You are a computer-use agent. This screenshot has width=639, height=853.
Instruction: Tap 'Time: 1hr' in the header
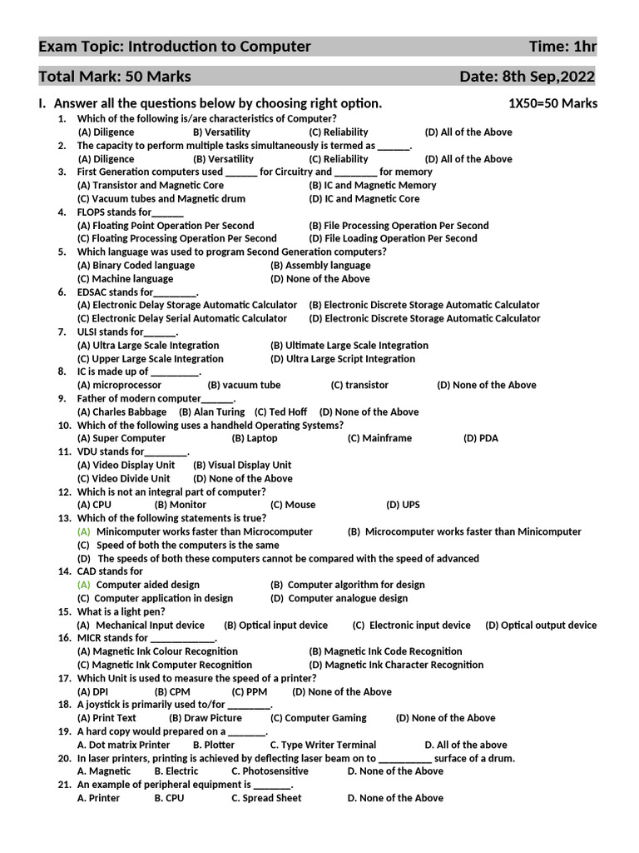coord(562,46)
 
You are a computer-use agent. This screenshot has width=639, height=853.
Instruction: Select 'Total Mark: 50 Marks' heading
coord(115,77)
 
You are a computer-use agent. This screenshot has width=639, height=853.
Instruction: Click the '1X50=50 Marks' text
coord(552,104)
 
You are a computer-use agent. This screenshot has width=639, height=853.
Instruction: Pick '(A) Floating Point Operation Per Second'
coord(166,225)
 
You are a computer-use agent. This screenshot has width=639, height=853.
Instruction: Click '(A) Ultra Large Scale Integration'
coord(148,345)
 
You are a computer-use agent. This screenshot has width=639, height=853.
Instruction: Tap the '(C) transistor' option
coord(359,385)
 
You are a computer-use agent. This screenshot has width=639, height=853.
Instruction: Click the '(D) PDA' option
coord(481,438)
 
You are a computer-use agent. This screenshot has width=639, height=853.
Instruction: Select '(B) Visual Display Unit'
coord(242,465)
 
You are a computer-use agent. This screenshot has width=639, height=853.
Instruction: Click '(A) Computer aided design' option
coord(138,585)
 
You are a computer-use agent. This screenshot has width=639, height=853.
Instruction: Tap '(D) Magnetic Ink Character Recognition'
coord(396,665)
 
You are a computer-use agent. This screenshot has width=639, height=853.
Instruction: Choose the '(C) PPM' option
coord(250,691)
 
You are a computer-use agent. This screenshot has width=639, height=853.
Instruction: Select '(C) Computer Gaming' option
coord(319,718)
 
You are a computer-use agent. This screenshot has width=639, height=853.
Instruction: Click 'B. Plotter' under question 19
coord(214,745)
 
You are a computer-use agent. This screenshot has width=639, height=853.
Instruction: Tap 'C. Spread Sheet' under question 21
coord(266,798)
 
